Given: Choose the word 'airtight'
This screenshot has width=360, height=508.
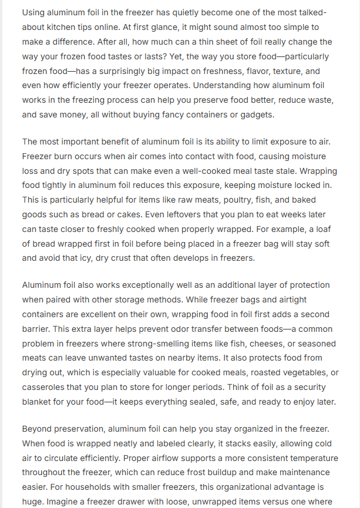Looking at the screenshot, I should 312,300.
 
